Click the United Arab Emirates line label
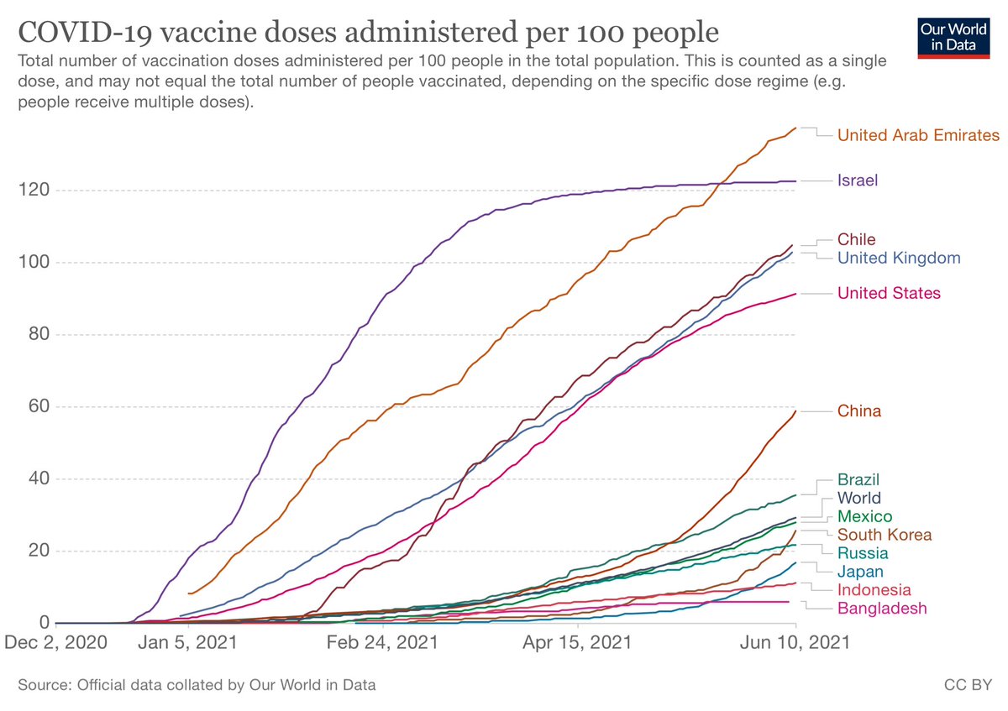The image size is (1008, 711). click(918, 135)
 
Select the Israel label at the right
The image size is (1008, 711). click(858, 180)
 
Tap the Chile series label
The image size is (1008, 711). click(856, 239)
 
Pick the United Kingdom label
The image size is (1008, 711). click(899, 258)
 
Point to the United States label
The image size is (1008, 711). click(889, 293)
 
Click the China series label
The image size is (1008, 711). click(859, 411)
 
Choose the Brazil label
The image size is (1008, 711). click(858, 479)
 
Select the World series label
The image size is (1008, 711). click(859, 498)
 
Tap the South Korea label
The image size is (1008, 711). click(885, 535)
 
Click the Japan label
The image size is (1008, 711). click(860, 572)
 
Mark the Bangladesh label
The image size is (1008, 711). click(882, 609)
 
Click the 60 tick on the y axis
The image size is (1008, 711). click(39, 406)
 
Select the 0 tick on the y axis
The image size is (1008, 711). click(44, 622)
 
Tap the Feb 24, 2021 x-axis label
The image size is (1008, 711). click(382, 642)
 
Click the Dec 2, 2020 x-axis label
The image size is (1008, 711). click(55, 642)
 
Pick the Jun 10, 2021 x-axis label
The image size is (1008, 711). click(795, 642)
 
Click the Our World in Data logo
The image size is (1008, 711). click(953, 39)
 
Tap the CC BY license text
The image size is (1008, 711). click(968, 685)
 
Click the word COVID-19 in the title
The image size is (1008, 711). click(85, 33)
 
